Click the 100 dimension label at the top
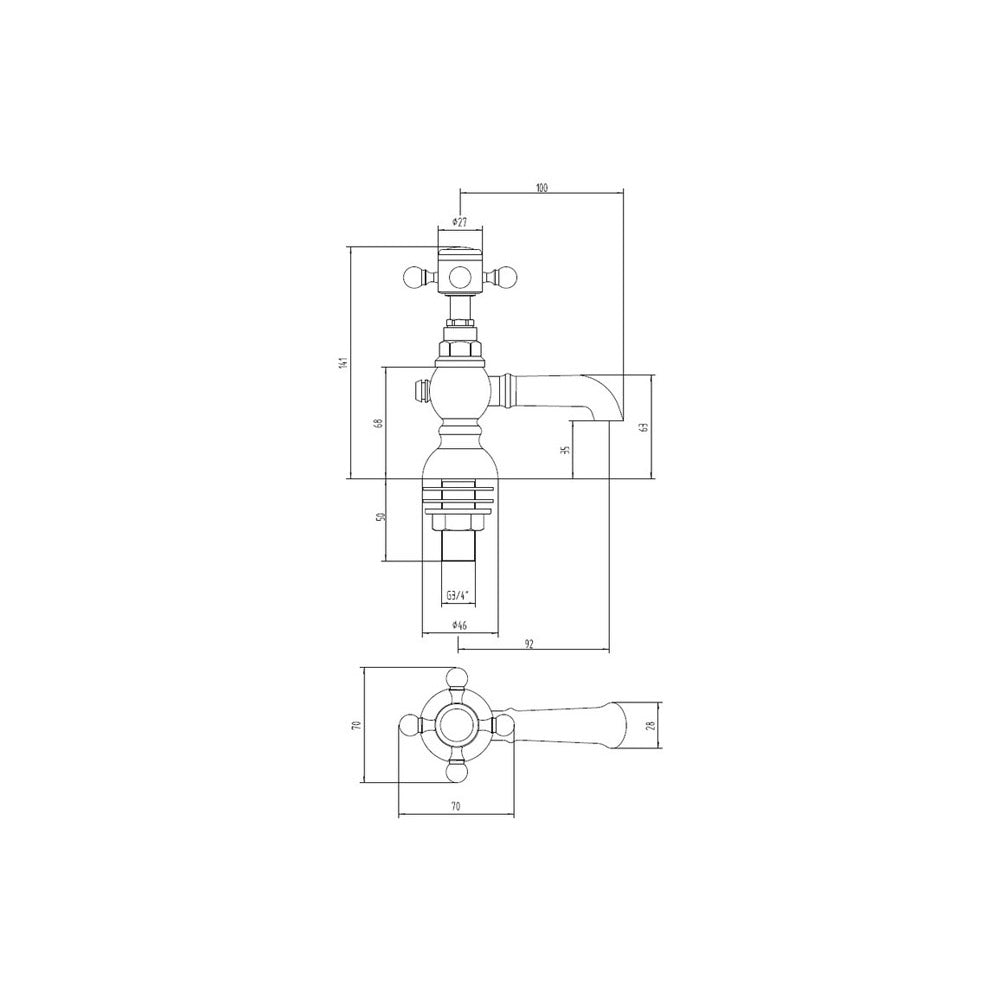coord(541,188)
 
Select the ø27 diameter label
coord(459,222)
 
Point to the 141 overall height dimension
coord(343,362)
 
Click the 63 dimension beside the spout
coord(644,427)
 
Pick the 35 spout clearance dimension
coord(564,450)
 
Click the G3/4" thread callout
coord(457,596)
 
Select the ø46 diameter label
coord(459,626)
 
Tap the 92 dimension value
coord(529,644)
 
